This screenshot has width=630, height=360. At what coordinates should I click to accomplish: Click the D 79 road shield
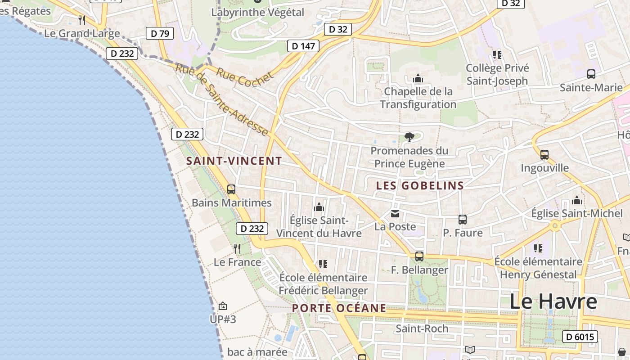click(160, 33)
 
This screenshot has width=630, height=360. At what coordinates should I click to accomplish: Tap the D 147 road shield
click(303, 45)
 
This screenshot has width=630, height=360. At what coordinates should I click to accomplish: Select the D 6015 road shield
click(580, 337)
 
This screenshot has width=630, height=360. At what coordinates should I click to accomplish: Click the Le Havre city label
click(553, 301)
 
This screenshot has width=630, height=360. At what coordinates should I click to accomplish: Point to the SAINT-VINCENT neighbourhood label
click(234, 161)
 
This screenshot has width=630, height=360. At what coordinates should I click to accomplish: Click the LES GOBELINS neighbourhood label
click(420, 185)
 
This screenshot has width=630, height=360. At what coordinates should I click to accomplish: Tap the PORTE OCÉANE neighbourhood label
click(339, 308)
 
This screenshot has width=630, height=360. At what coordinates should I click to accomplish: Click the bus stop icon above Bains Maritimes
click(231, 189)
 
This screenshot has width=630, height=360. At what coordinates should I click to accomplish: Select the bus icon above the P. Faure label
click(463, 220)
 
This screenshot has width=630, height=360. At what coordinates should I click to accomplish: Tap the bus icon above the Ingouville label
click(544, 155)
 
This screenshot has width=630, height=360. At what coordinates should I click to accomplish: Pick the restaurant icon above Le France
click(237, 248)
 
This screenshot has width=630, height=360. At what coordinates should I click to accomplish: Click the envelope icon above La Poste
click(395, 214)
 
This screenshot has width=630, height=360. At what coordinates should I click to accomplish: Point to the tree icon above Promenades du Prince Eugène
click(409, 137)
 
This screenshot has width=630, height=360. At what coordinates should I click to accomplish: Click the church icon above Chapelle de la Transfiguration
click(418, 79)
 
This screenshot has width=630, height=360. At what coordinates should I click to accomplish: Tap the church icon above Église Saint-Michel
click(577, 200)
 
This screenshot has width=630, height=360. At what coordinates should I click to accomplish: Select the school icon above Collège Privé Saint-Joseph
click(497, 55)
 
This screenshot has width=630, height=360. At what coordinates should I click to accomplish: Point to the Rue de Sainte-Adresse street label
click(221, 99)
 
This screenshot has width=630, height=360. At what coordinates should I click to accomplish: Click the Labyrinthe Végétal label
click(258, 12)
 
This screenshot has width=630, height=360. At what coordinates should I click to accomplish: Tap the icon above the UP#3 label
click(223, 306)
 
